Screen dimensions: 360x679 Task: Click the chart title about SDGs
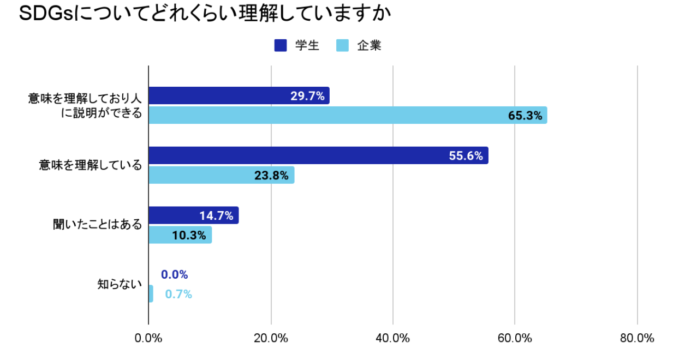(x=205, y=14)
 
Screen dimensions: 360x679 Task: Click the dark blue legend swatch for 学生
(x=281, y=46)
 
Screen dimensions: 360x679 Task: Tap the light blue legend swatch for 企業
(x=343, y=46)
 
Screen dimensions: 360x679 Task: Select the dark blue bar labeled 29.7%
(x=239, y=96)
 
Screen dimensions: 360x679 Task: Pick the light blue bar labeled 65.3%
(x=348, y=115)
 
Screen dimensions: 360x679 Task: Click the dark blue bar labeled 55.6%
(x=318, y=155)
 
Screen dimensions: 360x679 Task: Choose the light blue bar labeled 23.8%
(x=222, y=175)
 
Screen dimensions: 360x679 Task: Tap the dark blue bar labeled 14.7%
(x=194, y=215)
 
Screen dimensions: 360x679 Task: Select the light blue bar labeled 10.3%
(x=180, y=235)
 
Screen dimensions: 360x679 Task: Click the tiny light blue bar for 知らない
(x=151, y=294)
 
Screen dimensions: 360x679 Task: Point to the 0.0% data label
(x=175, y=274)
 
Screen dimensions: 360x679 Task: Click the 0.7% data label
(x=178, y=295)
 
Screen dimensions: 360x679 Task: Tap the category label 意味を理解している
(x=90, y=165)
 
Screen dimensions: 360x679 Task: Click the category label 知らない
(x=119, y=284)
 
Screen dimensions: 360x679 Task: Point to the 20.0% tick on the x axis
(x=271, y=338)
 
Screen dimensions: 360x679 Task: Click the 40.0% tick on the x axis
(x=393, y=338)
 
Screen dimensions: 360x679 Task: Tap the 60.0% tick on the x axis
(x=515, y=338)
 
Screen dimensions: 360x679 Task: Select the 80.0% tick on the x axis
(x=637, y=338)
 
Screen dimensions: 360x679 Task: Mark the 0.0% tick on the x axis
(x=148, y=338)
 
